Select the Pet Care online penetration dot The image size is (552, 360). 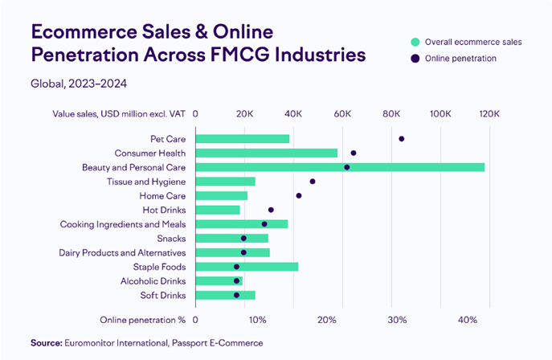pos(402,139)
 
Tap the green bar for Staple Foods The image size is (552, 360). pos(247,267)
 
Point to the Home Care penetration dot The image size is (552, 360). pos(299,195)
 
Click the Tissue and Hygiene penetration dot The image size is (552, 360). pos(313,182)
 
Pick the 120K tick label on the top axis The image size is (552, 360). pos(490,113)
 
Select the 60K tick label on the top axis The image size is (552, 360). pos(343,113)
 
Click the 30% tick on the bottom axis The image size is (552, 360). pos(397,320)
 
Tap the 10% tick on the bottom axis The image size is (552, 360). pos(257,320)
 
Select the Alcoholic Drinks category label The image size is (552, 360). pos(153,281)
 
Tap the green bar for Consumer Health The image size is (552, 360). pos(267,153)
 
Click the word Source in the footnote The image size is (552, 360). pos(46,343)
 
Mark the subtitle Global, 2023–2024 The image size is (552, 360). pos(79,83)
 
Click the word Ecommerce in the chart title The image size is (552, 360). pos(82,33)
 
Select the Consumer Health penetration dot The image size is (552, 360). pos(354,153)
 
